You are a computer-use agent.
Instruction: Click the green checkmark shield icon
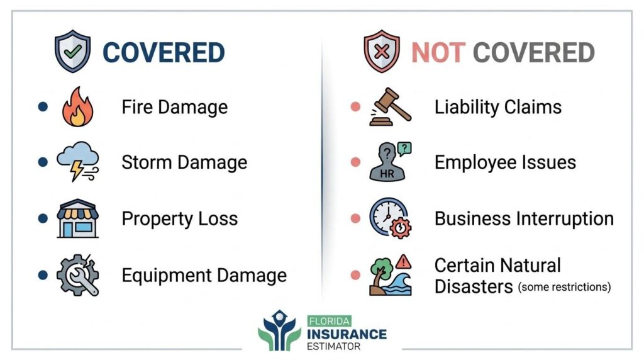(73, 51)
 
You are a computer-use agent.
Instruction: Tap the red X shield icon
(382, 51)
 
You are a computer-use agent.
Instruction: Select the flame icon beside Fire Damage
(77, 107)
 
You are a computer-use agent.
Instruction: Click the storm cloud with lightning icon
(77, 162)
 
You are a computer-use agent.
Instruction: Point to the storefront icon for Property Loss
(77, 218)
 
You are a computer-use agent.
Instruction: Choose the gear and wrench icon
(77, 275)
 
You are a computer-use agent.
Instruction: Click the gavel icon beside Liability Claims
(390, 106)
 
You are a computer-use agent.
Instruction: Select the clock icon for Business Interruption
(390, 218)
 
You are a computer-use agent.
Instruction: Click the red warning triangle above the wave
(404, 261)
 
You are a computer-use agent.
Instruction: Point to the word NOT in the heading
(438, 53)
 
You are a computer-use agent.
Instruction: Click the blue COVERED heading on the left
(164, 53)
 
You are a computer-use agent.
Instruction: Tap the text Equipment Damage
(204, 275)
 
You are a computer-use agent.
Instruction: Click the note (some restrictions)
(564, 287)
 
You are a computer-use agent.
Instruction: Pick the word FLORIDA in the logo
(330, 321)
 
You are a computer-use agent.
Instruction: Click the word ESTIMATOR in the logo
(333, 346)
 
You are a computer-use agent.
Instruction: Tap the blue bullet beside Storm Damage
(43, 162)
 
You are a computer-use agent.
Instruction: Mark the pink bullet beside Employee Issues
(355, 162)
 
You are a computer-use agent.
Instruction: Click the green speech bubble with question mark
(404, 149)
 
